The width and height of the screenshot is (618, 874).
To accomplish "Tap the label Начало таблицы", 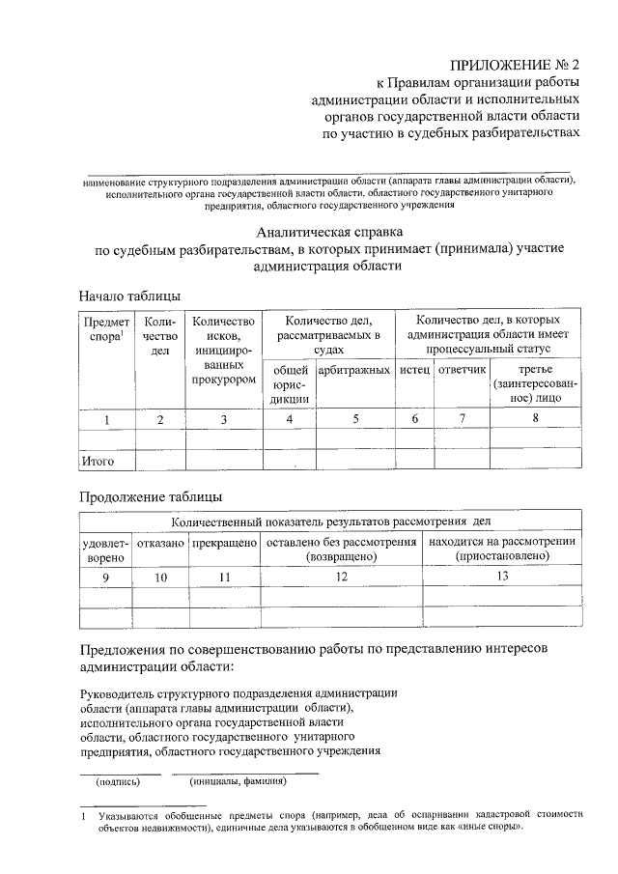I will [129, 296].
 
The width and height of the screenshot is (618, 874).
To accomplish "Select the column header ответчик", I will [462, 371].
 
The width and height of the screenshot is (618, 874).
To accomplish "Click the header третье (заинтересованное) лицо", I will [535, 383].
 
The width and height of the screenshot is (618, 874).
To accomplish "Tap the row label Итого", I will [98, 462].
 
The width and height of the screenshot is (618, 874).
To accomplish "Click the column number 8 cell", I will [535, 418].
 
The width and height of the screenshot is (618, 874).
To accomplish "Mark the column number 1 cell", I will [106, 418].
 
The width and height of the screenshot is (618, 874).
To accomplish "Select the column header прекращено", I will [224, 543].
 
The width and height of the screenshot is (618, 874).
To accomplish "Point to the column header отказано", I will [160, 543].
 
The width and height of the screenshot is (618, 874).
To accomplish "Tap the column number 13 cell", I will [502, 576].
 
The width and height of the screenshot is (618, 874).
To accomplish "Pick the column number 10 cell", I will [160, 577].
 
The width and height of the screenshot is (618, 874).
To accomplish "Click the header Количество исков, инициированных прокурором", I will [223, 351].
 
